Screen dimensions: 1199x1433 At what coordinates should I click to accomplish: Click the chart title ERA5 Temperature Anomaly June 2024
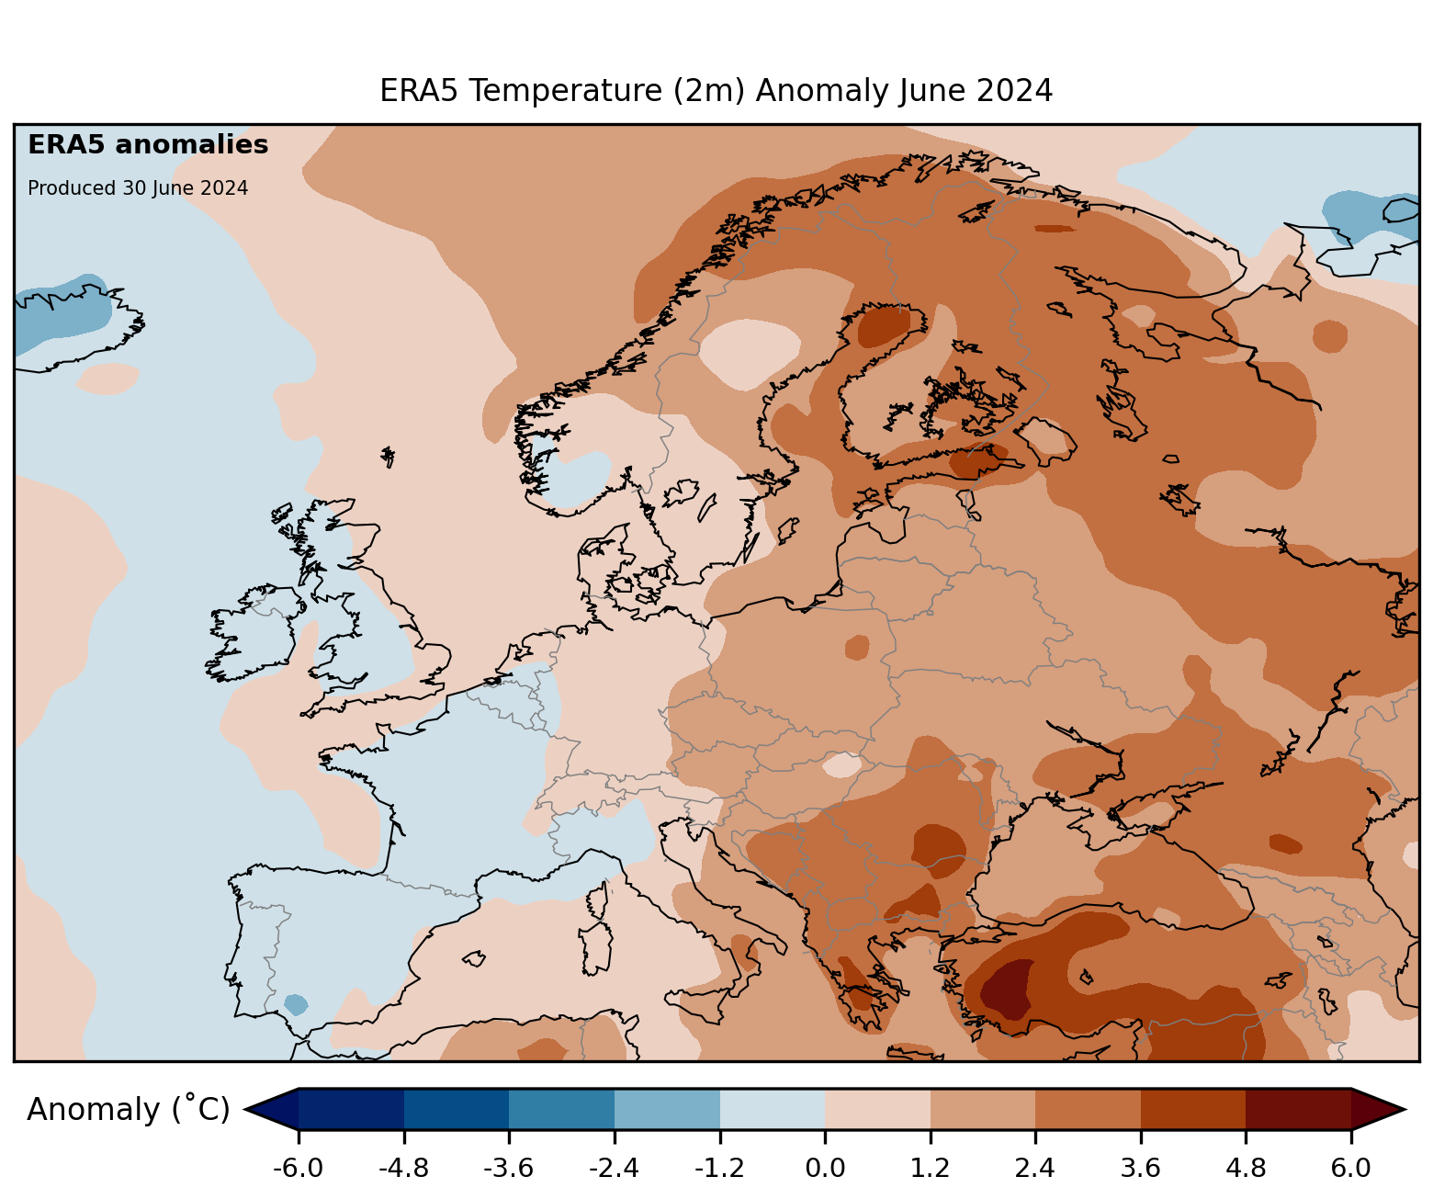coord(716,91)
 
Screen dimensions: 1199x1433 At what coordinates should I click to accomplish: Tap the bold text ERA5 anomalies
coord(148,145)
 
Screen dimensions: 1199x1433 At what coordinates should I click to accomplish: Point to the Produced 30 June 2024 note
coord(138,188)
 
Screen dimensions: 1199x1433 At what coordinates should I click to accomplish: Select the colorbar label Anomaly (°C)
coord(128,1110)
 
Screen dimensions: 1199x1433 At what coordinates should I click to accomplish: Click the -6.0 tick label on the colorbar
coord(298,1169)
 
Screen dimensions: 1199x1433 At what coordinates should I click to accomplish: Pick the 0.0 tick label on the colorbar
coord(825,1169)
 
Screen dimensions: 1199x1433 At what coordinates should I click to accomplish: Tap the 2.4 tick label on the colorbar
coord(1035,1169)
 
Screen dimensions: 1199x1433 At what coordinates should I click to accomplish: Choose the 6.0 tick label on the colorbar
coord(1350,1169)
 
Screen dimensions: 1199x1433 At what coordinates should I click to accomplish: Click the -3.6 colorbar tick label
coord(509,1169)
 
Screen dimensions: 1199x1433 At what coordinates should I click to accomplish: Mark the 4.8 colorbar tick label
coord(1246,1169)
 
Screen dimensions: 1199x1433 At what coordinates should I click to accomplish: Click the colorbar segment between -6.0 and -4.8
coord(351,1109)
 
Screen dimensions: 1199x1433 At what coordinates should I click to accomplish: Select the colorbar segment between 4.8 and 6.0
coord(1298,1109)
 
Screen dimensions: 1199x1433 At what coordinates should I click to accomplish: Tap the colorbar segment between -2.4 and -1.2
coord(667,1109)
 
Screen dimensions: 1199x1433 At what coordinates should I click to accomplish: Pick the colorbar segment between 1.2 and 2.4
coord(983,1109)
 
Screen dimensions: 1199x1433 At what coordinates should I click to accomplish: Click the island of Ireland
coord(253,634)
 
